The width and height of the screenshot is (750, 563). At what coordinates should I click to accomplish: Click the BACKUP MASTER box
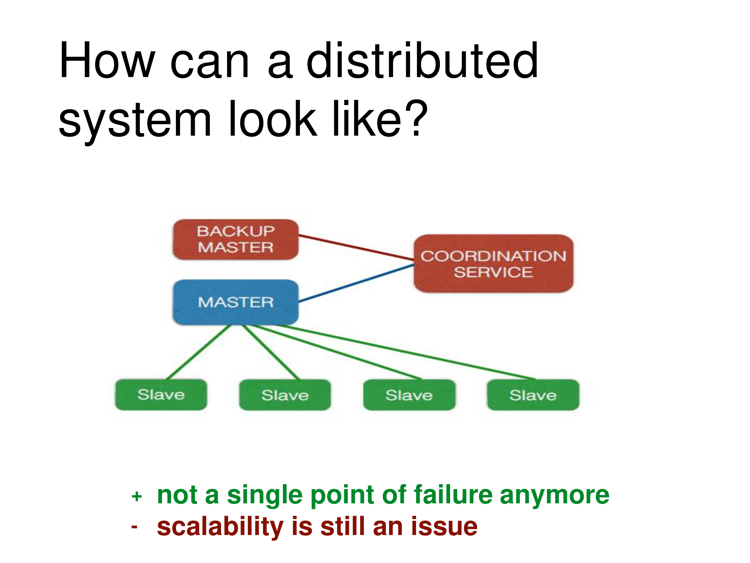point(236,240)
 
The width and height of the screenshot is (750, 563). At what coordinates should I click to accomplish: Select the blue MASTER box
point(236,302)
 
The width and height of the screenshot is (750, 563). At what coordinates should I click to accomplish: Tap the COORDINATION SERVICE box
point(494,264)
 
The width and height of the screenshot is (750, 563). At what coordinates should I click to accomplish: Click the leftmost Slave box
point(161,395)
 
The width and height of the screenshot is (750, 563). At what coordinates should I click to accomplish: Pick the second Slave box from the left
point(285,395)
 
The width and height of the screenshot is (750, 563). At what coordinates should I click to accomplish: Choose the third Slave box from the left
point(409,395)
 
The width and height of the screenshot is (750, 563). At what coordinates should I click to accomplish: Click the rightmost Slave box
point(533,395)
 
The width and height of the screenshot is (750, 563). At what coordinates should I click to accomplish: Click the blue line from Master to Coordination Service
point(356,283)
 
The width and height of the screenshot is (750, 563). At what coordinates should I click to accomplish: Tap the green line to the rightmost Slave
point(405,352)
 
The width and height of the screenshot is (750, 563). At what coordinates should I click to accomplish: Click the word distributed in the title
point(422,60)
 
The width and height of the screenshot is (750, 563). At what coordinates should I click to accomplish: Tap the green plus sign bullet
point(137,496)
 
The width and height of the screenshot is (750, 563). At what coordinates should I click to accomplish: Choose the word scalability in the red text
point(220,527)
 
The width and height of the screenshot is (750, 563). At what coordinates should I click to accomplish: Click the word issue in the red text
point(445,527)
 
